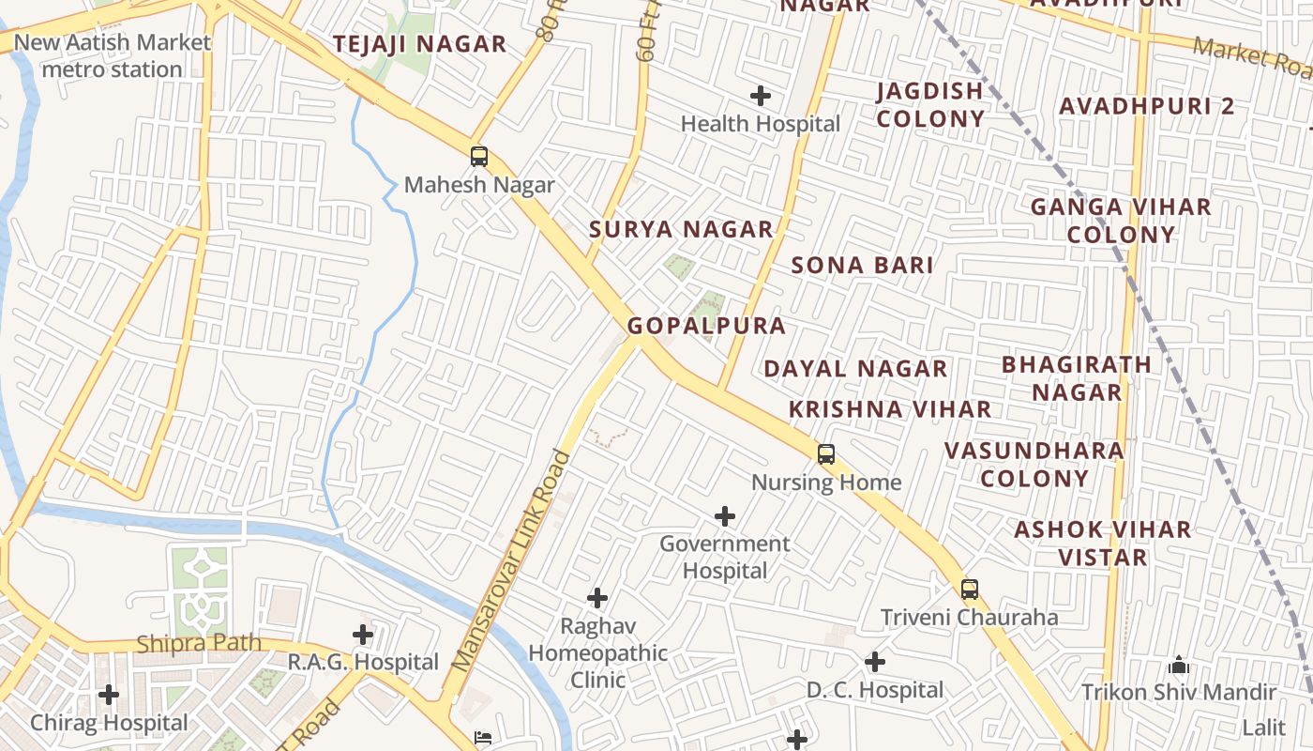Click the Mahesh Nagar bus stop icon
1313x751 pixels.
[x=479, y=157]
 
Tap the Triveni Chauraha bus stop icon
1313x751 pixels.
[x=970, y=590]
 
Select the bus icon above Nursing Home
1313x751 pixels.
[x=826, y=454]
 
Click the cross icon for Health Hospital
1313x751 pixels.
[x=761, y=96]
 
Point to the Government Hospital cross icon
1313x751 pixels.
[x=725, y=516]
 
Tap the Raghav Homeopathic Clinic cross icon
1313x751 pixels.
[x=597, y=598]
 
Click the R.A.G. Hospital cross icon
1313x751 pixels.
[x=363, y=635]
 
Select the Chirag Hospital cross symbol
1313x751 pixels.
[x=109, y=695]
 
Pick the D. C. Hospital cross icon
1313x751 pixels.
[x=875, y=662]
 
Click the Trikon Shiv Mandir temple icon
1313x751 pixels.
[x=1179, y=666]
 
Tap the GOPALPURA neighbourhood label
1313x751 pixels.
[x=706, y=326]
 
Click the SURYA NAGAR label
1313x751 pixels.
[x=681, y=229]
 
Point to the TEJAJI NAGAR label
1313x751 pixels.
[x=419, y=44]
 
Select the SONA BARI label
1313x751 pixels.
[x=862, y=265]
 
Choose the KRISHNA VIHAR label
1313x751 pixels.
[x=889, y=409]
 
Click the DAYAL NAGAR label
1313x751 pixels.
[x=855, y=369]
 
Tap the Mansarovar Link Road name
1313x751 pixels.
[x=511, y=561]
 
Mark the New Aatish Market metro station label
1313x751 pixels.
[x=113, y=55]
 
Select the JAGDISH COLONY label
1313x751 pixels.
[x=930, y=104]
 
